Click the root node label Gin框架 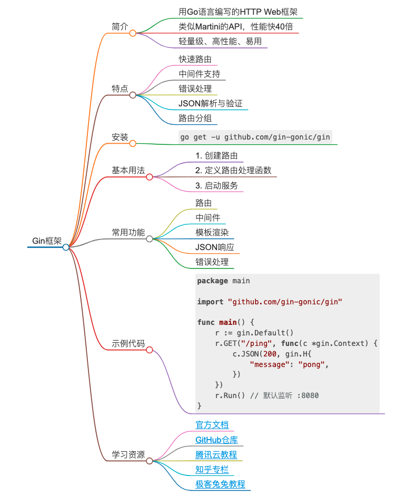tap(47, 241)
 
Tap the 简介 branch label tap(120, 26)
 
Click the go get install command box tap(255, 137)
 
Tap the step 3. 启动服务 tap(216, 185)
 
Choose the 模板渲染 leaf tap(212, 232)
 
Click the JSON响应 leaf tap(214, 247)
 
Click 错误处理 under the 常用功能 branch tap(212, 262)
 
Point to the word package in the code tap(213, 281)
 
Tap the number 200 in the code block tap(266, 354)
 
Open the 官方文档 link tap(212, 425)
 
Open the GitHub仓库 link tap(220, 440)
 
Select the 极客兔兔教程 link tap(220, 484)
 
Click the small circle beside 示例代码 tap(150, 350)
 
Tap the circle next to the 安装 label tap(133, 144)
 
